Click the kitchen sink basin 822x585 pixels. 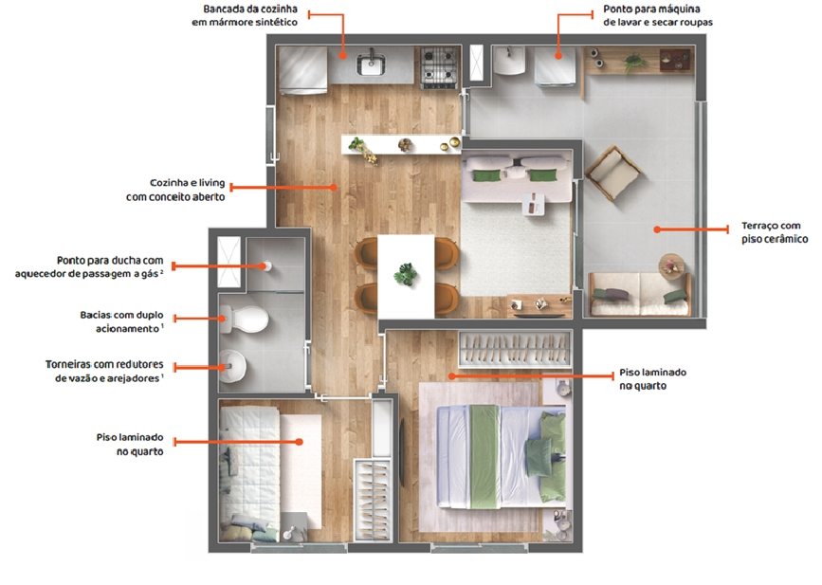[x=371, y=65]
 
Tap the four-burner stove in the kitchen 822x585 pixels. [x=439, y=66]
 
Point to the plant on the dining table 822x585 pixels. [x=406, y=274]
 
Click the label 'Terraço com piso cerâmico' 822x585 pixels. [x=775, y=232]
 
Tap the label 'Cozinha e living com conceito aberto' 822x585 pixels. [x=175, y=190]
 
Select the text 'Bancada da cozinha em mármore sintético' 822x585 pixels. [x=245, y=15]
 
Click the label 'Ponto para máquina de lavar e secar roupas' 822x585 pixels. [x=658, y=15]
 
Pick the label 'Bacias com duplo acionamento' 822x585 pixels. [x=121, y=321]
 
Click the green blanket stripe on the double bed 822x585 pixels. [x=484, y=456]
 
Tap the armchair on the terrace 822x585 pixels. [x=613, y=173]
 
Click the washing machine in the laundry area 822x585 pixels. [x=556, y=64]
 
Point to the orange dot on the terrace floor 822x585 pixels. [x=657, y=229]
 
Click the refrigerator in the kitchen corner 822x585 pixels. [x=302, y=70]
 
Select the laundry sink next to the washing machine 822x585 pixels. [x=508, y=61]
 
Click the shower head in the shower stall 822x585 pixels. [x=268, y=265]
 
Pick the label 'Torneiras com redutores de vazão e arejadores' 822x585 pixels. [x=104, y=371]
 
